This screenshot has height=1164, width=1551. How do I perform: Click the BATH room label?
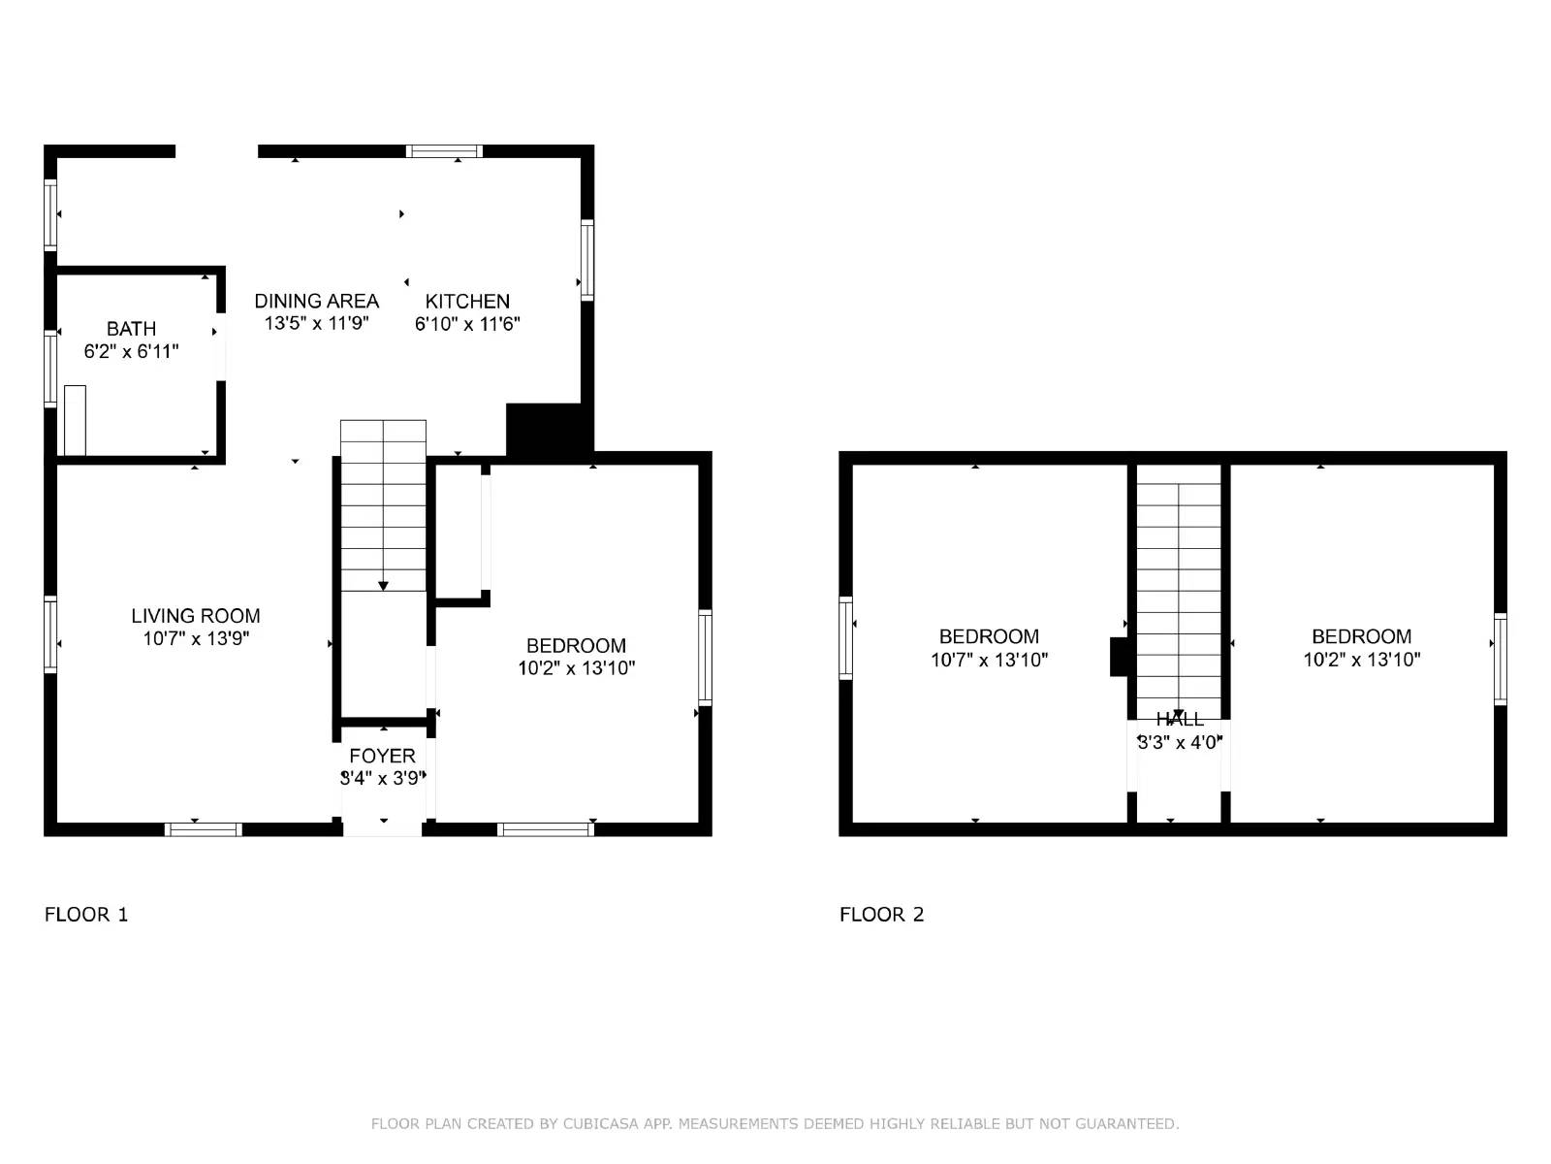click(x=131, y=329)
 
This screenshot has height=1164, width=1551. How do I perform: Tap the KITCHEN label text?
click(x=467, y=302)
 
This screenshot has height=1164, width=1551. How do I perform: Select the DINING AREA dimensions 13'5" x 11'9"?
click(x=317, y=324)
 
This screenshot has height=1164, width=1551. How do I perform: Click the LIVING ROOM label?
click(x=196, y=616)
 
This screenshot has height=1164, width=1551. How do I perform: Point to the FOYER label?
click(x=382, y=756)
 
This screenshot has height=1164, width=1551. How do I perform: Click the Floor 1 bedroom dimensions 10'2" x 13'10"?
click(x=576, y=668)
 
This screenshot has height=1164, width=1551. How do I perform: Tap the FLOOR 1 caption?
click(x=86, y=915)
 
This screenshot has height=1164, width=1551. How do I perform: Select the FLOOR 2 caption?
click(x=881, y=915)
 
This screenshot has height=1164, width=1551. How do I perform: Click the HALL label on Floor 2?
click(x=1180, y=720)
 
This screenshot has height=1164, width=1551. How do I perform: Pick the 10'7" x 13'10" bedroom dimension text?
click(x=989, y=661)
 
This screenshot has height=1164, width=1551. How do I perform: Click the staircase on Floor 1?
click(x=383, y=504)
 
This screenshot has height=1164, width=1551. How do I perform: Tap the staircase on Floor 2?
click(x=1179, y=592)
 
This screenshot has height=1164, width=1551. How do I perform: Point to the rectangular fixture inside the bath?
click(x=75, y=420)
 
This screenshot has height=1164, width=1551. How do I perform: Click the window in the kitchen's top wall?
click(x=444, y=151)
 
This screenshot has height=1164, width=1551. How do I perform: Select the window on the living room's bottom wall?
click(x=203, y=829)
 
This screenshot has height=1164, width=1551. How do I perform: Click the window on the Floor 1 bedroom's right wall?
click(x=705, y=657)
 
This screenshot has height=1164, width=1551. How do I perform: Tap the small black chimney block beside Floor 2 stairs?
click(x=1121, y=657)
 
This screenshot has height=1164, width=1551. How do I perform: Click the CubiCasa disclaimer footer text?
click(x=775, y=1124)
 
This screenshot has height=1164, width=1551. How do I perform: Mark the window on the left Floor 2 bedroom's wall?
click(x=845, y=637)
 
